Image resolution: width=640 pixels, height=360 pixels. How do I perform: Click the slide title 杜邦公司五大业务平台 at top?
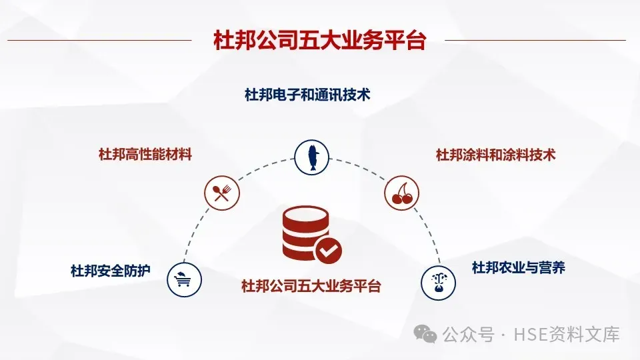click(319, 40)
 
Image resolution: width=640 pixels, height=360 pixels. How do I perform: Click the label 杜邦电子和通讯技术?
click(307, 95)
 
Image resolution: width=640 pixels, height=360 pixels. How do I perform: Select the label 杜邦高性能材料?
click(145, 155)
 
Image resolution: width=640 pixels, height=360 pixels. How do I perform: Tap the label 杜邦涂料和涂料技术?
click(495, 155)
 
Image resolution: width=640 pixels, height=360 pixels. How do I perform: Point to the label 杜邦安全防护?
click(111, 271)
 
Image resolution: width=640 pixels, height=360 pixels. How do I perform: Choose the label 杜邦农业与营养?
click(518, 268)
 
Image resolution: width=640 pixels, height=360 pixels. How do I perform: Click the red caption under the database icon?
click(311, 287)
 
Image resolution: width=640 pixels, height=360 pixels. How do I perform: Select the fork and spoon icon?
click(221, 194)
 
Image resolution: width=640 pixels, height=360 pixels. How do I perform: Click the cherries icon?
click(403, 194)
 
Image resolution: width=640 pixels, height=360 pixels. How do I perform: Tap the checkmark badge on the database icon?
click(329, 251)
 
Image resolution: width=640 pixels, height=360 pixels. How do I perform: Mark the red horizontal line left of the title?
click(100, 40)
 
